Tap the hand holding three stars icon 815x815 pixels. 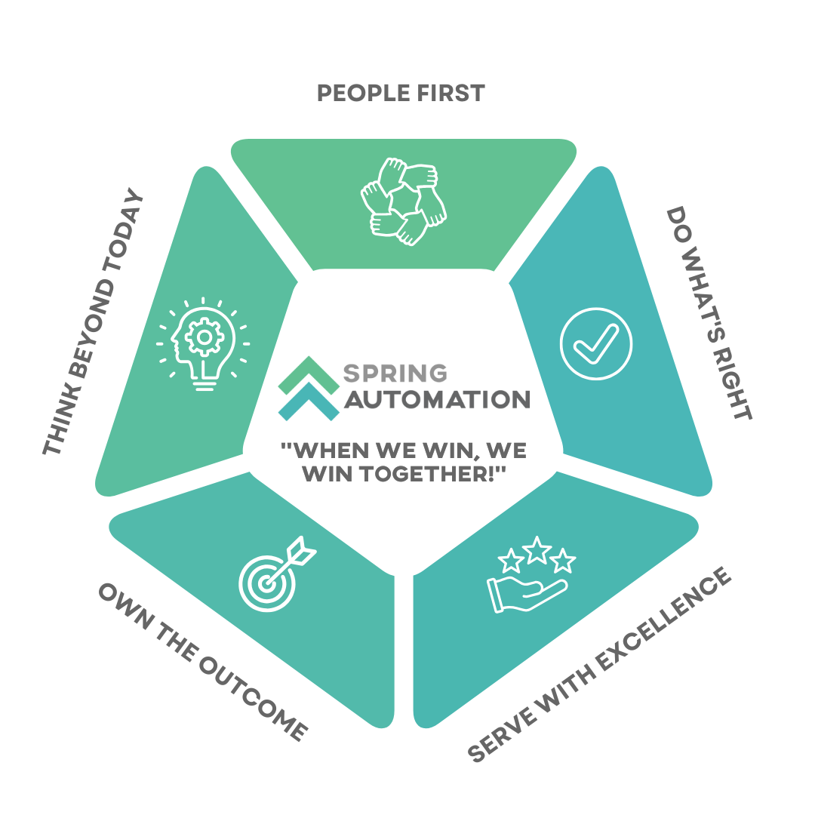tap(531, 575)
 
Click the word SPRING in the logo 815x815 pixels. tap(395, 373)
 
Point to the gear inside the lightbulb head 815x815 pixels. tap(203, 339)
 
